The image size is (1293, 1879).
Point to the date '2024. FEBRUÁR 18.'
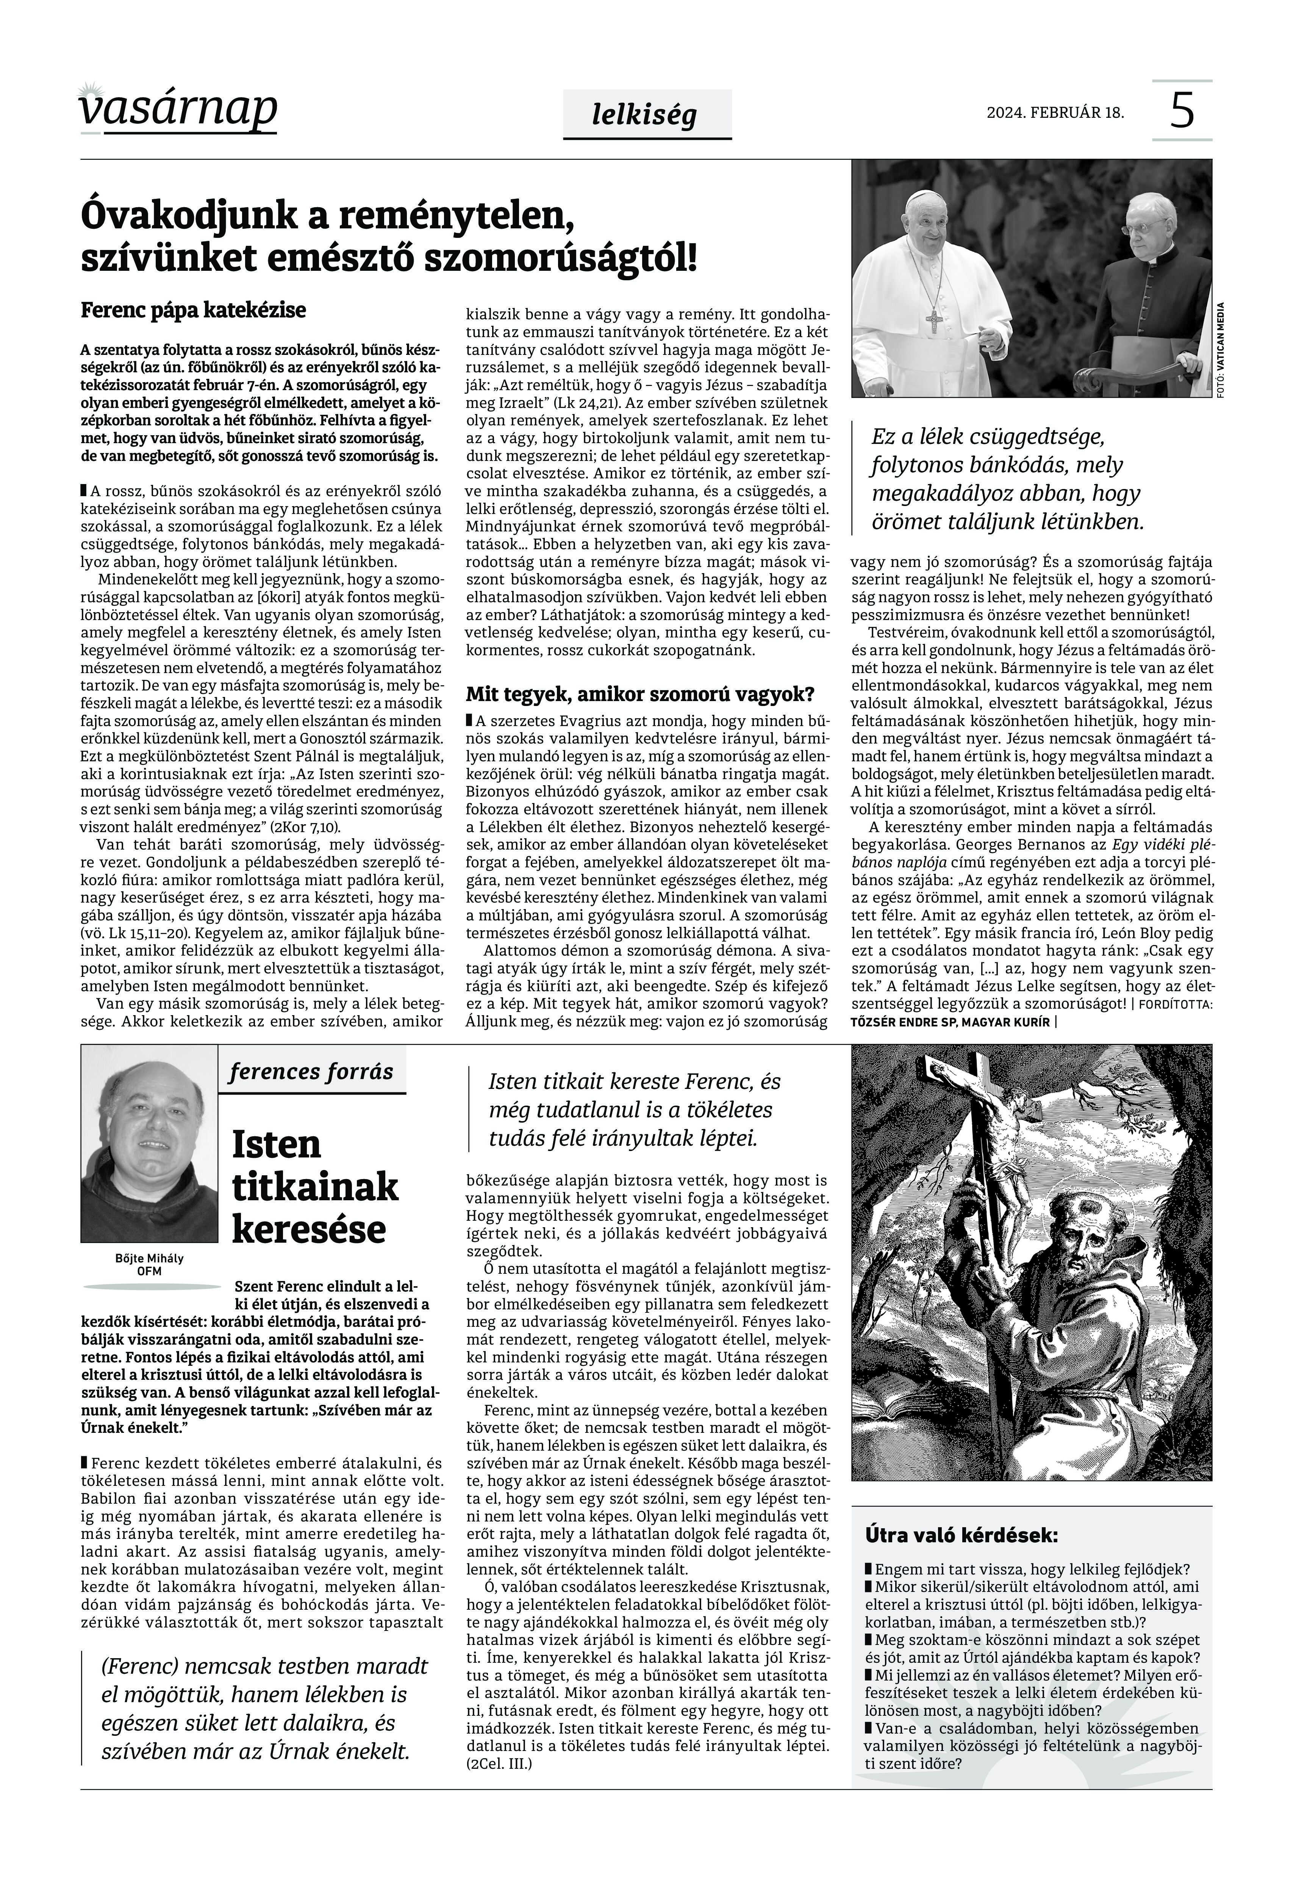(1055, 112)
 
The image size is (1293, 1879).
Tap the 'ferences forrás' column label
(311, 1071)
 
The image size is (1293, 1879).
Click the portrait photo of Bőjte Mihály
(149, 1143)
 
